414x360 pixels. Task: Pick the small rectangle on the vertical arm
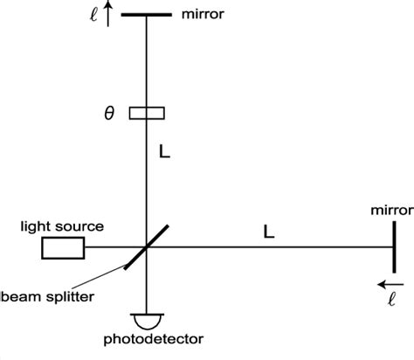(x=146, y=113)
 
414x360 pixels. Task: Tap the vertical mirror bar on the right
(x=394, y=248)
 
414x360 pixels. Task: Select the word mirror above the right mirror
(x=390, y=211)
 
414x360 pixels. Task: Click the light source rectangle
(x=63, y=249)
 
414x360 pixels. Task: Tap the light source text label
(x=62, y=226)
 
